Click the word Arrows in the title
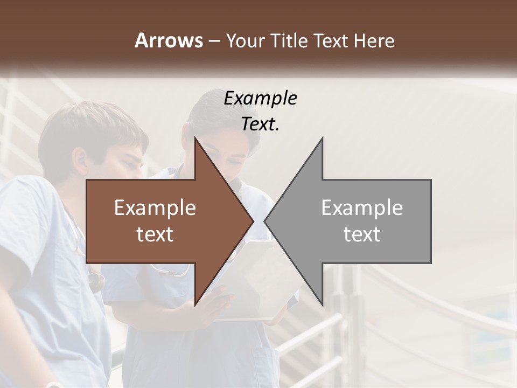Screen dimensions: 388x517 [169, 40]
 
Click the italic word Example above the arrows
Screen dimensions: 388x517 [260, 99]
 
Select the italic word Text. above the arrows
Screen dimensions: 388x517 [260, 124]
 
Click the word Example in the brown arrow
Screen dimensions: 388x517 [155, 208]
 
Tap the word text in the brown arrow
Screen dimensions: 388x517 [155, 234]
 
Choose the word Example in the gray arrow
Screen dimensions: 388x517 [362, 208]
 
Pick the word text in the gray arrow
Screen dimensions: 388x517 [362, 234]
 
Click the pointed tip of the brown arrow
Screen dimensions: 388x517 [253, 221]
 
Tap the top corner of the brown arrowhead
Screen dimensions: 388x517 [195, 139]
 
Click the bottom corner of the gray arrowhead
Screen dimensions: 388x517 [322, 304]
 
